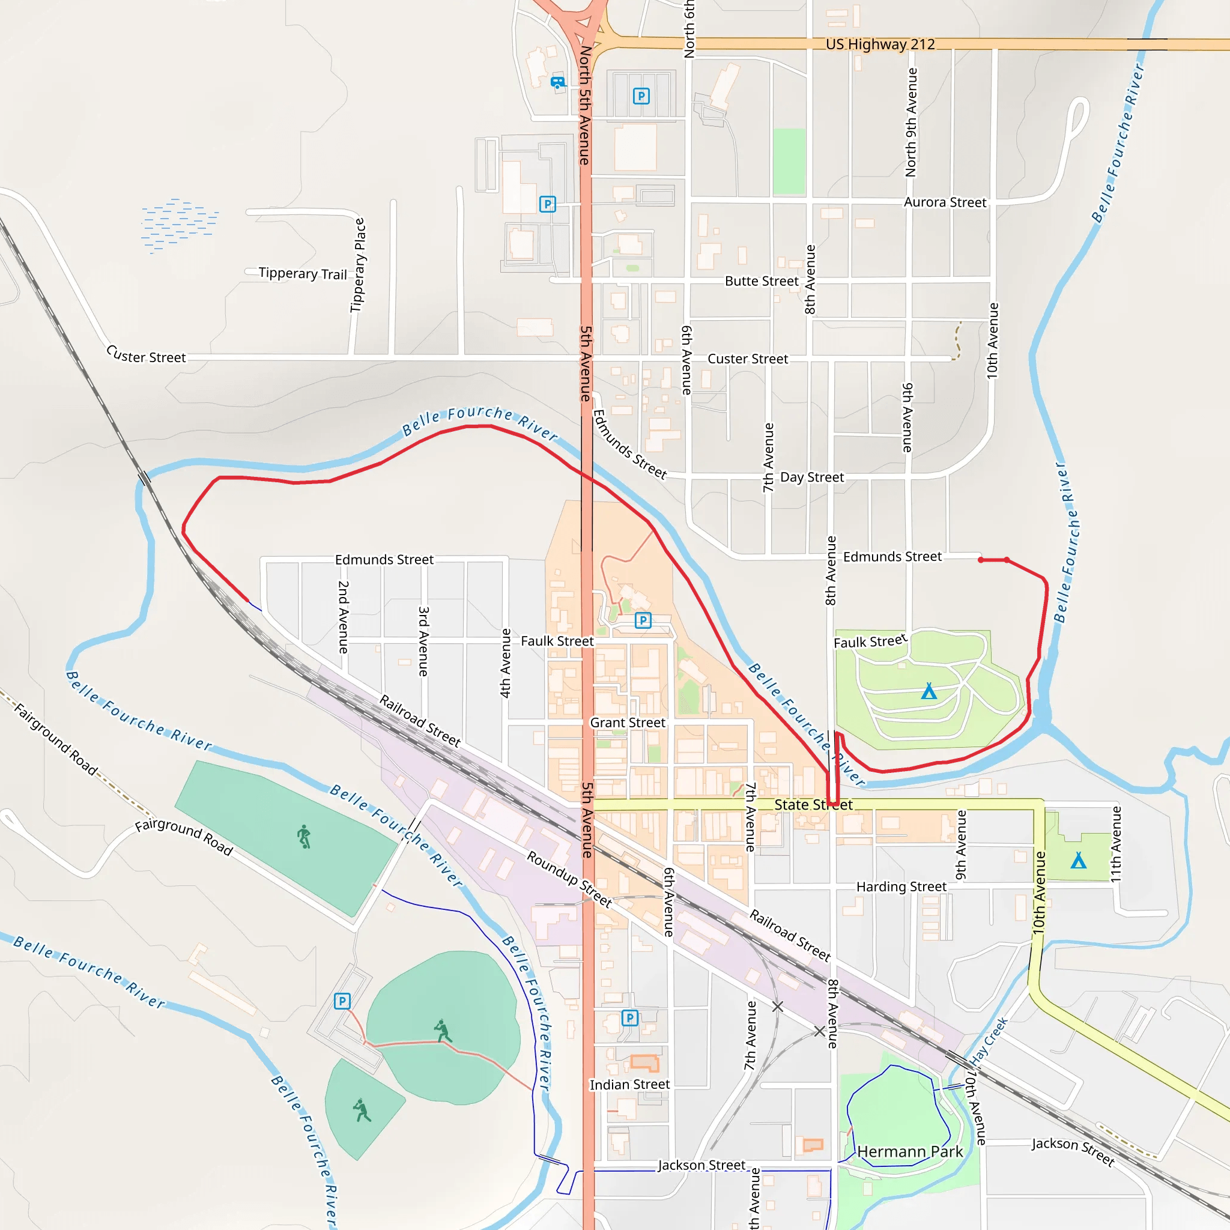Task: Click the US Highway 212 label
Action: (x=880, y=44)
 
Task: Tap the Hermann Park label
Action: (x=910, y=1152)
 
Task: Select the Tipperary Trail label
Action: (x=303, y=274)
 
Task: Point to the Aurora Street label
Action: (x=945, y=202)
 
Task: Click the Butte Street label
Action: (x=762, y=282)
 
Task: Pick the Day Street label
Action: (x=812, y=477)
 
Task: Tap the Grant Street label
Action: (x=627, y=723)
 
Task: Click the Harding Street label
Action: (x=901, y=887)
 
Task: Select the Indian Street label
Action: (x=629, y=1084)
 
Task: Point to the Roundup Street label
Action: (x=569, y=879)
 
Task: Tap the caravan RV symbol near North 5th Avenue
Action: (x=558, y=82)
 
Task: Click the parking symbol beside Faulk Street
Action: (x=643, y=620)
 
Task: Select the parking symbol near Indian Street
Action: (x=629, y=1018)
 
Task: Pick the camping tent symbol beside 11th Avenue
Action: (x=1078, y=861)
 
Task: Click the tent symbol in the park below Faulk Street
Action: (x=929, y=691)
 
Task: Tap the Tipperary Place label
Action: (x=359, y=265)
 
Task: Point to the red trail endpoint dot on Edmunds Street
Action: (x=981, y=560)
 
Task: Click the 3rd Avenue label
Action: (x=423, y=641)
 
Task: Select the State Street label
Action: (x=813, y=805)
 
